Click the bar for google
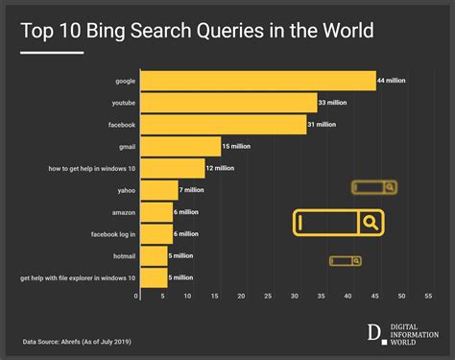pyautogui.click(x=257, y=81)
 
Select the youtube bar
pyautogui.click(x=227, y=103)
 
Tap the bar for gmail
pyautogui.click(x=180, y=146)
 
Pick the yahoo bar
pyautogui.click(x=158, y=190)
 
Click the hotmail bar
pyautogui.click(x=153, y=255)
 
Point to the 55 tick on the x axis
pyautogui.click(x=429, y=297)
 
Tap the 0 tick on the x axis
pyautogui.click(x=138, y=297)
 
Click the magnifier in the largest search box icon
pyautogui.click(x=371, y=223)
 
